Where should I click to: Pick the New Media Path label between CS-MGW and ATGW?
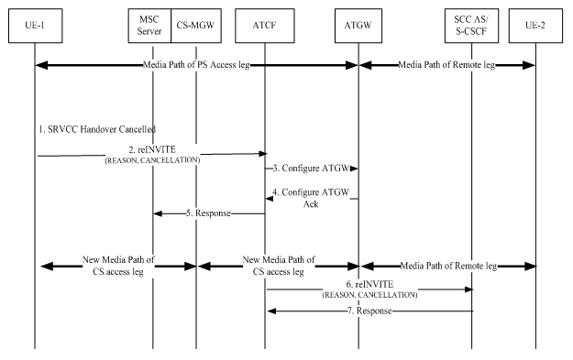tap(278, 266)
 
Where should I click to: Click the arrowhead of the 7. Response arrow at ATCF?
tap(270, 311)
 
